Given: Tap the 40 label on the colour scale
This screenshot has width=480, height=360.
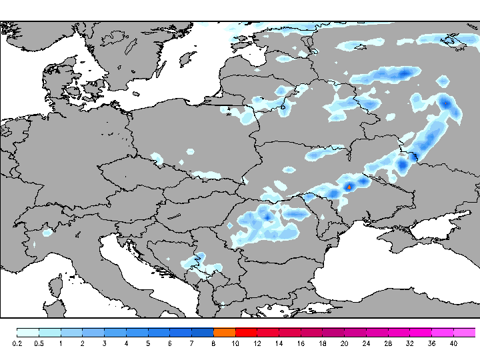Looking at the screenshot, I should (453, 343).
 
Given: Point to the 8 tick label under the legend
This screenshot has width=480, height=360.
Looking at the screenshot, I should (213, 343).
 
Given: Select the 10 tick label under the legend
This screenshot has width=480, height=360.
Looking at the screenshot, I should (235, 343).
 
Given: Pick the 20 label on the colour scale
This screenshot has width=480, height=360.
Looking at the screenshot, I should (344, 343).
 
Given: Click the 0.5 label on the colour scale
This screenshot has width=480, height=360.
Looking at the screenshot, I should (39, 343).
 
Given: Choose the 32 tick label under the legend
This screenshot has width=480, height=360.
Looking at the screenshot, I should (409, 343).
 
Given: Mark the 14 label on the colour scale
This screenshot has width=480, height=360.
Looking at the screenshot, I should (279, 343).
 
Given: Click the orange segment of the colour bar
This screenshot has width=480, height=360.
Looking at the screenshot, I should (224, 332).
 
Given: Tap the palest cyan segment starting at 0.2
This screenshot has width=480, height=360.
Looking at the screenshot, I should (27, 332).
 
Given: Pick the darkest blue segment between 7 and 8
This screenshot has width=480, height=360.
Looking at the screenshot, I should (202, 332).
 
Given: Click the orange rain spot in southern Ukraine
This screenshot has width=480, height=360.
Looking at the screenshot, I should (349, 187).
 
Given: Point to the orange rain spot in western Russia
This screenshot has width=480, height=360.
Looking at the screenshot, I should (446, 103).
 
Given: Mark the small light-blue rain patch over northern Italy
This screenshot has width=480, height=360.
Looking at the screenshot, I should (47, 233).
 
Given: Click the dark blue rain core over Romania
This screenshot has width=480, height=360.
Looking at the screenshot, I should (265, 217).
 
